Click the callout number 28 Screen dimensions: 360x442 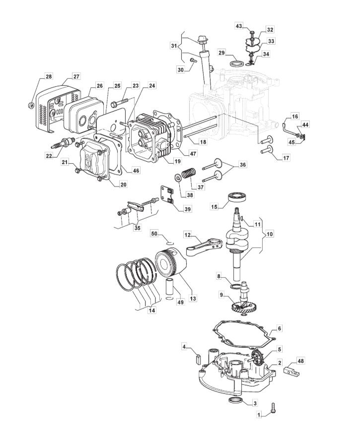(x=49, y=76)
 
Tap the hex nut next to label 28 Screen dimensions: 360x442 (x=31, y=106)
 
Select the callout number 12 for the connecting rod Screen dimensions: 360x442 (x=188, y=234)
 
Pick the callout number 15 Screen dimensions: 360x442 (x=214, y=207)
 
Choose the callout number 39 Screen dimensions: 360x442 (x=188, y=209)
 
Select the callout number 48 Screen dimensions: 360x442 (x=301, y=361)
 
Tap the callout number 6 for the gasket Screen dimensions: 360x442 (x=279, y=328)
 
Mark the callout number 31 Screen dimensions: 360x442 (x=175, y=45)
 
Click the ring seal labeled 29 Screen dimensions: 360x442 (x=237, y=63)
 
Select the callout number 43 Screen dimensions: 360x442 (x=239, y=26)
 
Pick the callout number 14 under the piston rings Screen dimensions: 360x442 (x=152, y=311)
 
